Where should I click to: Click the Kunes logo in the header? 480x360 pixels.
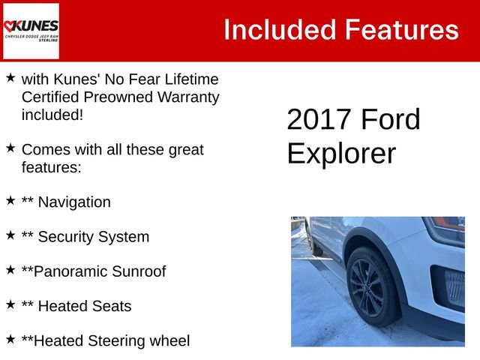click(x=31, y=31)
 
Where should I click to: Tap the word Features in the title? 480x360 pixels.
click(x=401, y=30)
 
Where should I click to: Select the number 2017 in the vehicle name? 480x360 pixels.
click(x=319, y=120)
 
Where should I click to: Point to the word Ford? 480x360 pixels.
click(x=391, y=120)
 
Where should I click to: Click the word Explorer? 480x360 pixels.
click(x=341, y=153)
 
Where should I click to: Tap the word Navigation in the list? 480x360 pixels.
click(x=73, y=202)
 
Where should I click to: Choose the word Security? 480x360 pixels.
click(x=68, y=237)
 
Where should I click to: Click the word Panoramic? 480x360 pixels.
click(x=68, y=271)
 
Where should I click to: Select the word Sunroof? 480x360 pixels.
click(x=138, y=271)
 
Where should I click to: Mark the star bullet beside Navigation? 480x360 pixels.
click(x=10, y=200)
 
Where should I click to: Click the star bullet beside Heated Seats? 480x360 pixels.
click(x=10, y=304)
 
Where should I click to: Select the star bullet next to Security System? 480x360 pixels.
click(x=10, y=235)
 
